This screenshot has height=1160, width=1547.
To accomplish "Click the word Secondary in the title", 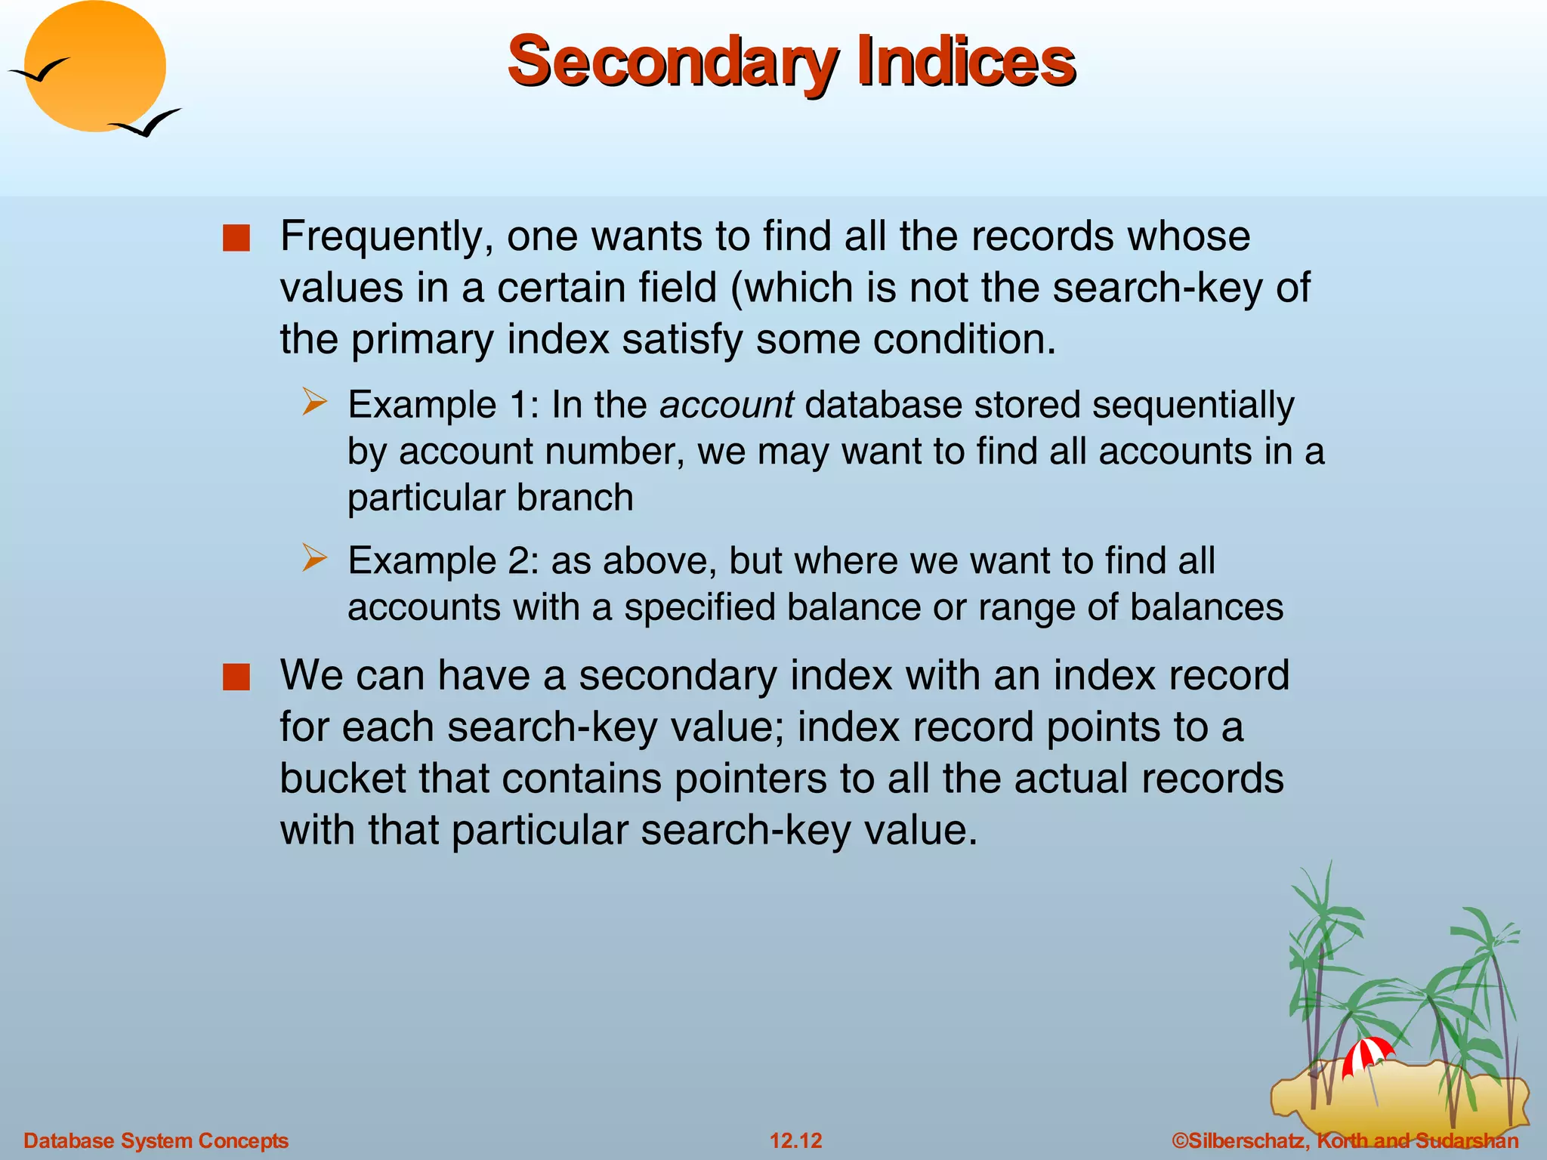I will pos(672,62).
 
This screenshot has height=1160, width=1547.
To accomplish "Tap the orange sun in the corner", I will pos(95,66).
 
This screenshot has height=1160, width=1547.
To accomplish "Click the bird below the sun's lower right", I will pos(147,123).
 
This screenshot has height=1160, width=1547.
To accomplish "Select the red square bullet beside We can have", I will pos(236,677).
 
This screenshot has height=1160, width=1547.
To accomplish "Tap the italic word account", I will pos(727,405).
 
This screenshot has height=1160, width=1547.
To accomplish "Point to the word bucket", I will pos(343,778).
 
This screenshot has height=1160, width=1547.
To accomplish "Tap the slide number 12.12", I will pos(795,1140).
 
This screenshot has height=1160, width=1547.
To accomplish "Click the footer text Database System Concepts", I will pos(156,1140).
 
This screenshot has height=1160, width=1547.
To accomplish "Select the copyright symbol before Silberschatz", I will pos(1181,1140).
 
